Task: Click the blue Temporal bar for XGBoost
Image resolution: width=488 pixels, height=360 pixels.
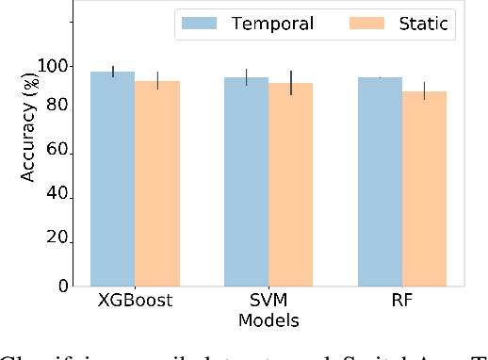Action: click(113, 179)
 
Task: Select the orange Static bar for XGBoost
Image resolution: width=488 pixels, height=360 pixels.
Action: click(157, 184)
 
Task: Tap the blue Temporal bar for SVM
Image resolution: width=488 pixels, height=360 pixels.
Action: click(247, 182)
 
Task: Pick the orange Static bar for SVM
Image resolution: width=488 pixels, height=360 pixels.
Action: click(291, 185)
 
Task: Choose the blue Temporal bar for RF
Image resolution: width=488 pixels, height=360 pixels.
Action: click(381, 182)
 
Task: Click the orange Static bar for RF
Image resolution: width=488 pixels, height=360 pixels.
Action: click(425, 188)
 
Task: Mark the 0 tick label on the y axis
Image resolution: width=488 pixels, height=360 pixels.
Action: click(61, 286)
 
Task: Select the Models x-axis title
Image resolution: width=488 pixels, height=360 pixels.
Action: click(268, 322)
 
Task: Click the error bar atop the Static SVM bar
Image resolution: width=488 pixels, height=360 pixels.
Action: click(291, 82)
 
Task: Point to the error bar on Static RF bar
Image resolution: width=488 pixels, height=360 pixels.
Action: click(425, 90)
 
